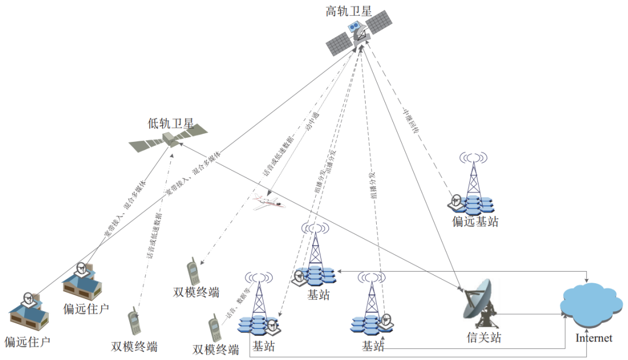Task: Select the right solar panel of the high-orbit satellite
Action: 378,23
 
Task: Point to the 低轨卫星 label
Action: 170,123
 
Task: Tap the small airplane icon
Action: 268,202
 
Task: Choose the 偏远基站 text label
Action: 475,222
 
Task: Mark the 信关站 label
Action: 483,337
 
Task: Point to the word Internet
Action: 594,338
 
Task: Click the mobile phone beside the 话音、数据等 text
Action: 215,329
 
